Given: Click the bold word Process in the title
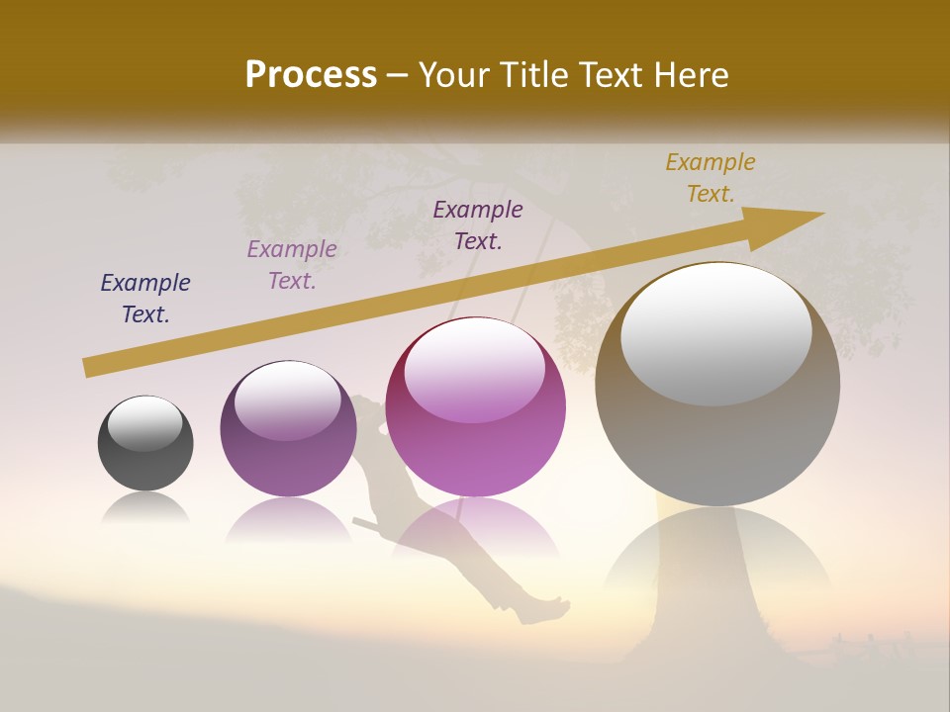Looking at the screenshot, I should [x=311, y=75].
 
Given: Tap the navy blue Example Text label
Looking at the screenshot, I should [x=145, y=299].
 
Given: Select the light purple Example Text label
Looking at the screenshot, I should [x=292, y=265].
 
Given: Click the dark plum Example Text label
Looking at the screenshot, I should [x=478, y=225].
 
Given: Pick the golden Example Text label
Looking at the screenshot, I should [x=711, y=178].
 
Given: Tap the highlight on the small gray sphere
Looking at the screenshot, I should [x=144, y=423].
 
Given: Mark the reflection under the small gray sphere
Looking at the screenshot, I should [x=145, y=508].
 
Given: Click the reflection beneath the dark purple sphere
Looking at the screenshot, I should [x=288, y=519].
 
